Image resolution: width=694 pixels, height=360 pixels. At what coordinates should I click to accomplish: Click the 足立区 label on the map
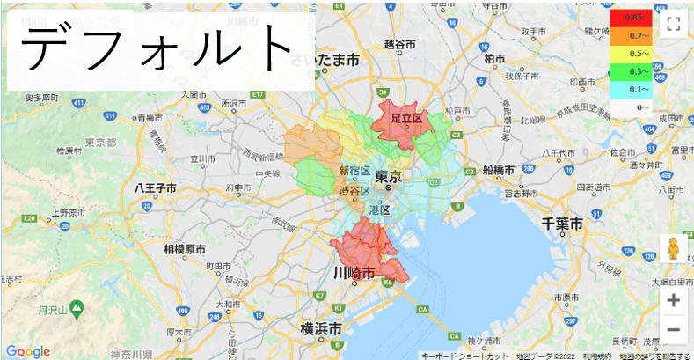(407, 117)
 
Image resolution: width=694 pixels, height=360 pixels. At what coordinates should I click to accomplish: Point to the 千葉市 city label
(562, 224)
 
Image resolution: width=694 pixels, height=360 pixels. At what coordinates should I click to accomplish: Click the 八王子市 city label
(156, 188)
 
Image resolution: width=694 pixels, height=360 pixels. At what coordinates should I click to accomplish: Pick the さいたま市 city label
(327, 60)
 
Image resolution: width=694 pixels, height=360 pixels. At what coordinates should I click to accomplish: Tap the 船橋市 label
(500, 169)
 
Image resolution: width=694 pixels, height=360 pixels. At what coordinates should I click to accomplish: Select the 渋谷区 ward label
(354, 190)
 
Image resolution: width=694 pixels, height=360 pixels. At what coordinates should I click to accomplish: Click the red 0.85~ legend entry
(632, 17)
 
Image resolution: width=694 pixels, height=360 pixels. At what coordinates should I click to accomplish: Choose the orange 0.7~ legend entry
(632, 35)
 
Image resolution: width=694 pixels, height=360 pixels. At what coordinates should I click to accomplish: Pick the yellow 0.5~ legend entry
(632, 53)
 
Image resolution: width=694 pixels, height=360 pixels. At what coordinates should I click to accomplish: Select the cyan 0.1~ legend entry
(632, 89)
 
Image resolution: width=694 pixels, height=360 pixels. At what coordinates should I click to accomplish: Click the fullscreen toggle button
(674, 24)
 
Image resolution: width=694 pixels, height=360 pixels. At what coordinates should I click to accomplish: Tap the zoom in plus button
(674, 300)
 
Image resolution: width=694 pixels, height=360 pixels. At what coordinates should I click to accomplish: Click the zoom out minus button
(674, 330)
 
